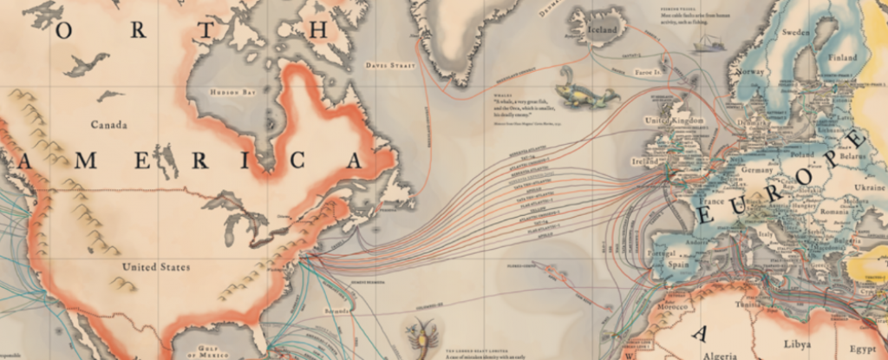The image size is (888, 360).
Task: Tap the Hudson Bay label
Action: click(x=230, y=91)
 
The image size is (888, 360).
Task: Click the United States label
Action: click(x=156, y=266)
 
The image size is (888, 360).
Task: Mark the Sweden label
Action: click(x=795, y=31)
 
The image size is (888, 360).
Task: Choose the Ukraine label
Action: click(x=870, y=187)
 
